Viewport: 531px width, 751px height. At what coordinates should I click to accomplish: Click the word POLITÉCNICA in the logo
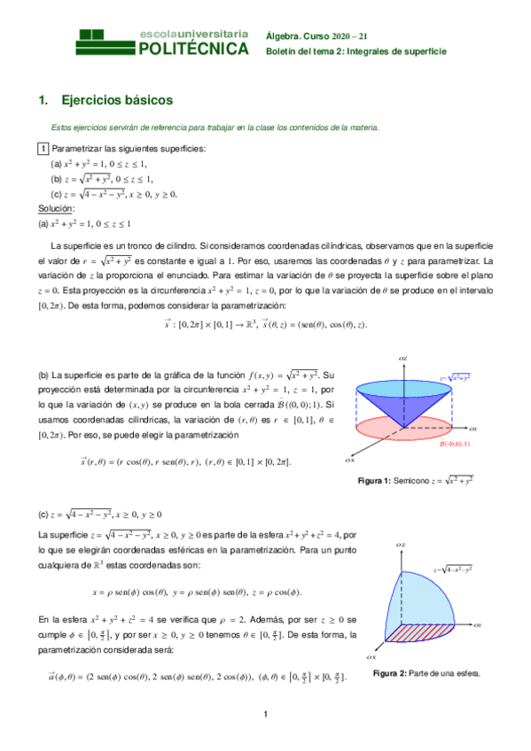194,49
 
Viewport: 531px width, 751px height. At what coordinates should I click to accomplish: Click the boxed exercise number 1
43,149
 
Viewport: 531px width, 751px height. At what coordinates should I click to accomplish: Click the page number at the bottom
265,715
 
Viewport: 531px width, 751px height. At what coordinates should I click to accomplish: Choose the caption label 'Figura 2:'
393,673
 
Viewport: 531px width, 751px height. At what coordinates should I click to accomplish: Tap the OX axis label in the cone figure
350,461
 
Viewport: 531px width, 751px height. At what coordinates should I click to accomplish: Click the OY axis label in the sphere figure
475,625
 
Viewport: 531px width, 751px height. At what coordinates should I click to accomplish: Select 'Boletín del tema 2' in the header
303,51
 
